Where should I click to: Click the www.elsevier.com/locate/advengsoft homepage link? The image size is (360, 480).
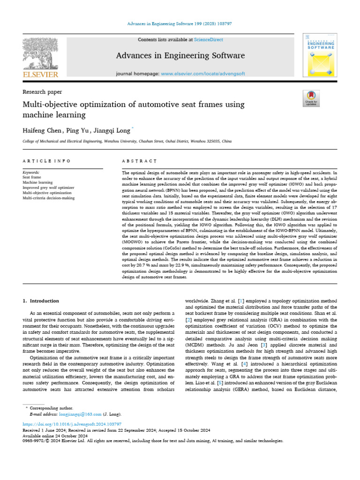click(199, 74)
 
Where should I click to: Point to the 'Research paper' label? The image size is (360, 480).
click(42, 92)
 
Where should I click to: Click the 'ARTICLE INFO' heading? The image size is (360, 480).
click(46, 161)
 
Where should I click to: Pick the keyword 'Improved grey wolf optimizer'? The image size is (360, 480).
click(48, 187)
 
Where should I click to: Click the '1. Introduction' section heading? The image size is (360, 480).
click(41, 300)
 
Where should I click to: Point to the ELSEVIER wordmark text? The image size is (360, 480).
click(41, 74)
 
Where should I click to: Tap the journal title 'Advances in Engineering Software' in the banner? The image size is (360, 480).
click(180, 56)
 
